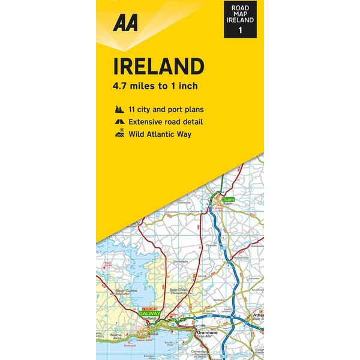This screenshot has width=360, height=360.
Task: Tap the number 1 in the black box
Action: (x=240, y=29)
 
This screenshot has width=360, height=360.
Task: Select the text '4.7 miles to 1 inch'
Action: (x=155, y=86)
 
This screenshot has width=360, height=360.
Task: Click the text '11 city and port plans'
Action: (x=166, y=110)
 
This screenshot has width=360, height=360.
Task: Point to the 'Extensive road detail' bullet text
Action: (x=165, y=122)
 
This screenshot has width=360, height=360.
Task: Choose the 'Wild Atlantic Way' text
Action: (x=160, y=134)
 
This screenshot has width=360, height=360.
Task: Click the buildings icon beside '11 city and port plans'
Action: (x=118, y=110)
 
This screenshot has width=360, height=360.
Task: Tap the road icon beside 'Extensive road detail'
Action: (x=118, y=122)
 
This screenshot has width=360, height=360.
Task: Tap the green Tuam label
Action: (x=227, y=199)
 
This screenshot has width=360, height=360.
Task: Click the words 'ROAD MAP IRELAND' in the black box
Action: (x=240, y=12)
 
